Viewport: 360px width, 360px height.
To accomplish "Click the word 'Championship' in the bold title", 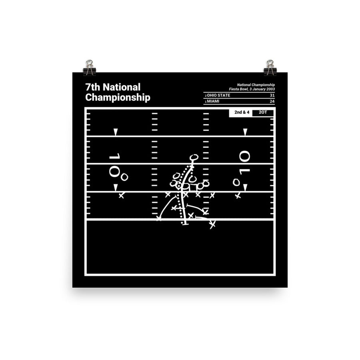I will coord(118,98).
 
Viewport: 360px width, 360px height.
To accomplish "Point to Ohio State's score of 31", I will coord(272,95).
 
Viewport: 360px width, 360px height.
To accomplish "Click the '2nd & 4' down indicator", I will coord(242,112).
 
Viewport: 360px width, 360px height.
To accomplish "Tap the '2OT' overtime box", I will coord(263,112).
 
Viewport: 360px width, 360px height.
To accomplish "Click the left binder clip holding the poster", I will coord(89,68).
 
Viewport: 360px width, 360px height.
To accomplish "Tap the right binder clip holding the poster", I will coord(270,68).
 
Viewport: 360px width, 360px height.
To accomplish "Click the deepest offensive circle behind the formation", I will coord(194,157).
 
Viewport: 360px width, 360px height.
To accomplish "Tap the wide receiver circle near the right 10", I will coord(236,182).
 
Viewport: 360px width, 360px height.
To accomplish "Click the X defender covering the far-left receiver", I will coord(121,196).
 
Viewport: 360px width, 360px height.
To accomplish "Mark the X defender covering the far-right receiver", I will coord(238,196).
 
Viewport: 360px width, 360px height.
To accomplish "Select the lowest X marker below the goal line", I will coord(212,225).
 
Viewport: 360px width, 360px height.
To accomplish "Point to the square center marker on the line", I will coord(186,186).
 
